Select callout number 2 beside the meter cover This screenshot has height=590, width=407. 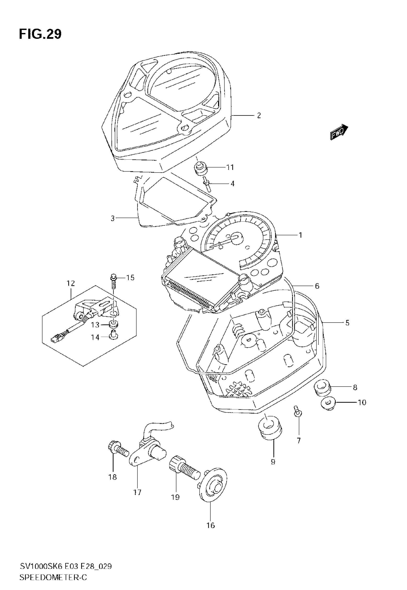259,116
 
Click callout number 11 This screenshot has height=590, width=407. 230,168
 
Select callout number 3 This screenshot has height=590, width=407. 113,219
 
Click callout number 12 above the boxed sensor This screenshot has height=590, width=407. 71,283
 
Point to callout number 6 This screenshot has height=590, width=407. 317,286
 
